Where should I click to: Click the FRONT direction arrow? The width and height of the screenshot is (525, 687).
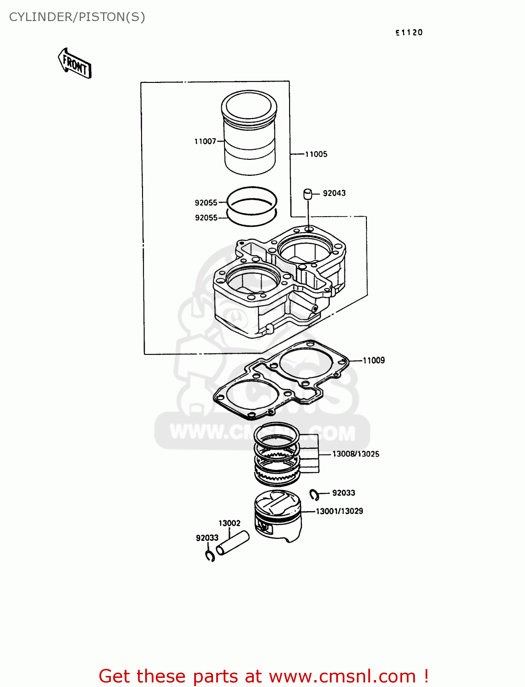(75, 64)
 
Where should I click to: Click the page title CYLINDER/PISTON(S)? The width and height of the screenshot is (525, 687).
(77, 17)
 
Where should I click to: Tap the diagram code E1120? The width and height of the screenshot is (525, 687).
(409, 33)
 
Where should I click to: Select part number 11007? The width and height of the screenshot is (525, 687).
(205, 142)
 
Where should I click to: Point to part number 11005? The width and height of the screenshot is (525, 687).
(316, 154)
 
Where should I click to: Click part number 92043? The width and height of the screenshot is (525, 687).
(334, 193)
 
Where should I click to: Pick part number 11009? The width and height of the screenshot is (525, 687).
(374, 360)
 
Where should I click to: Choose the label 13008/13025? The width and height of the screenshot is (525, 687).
(355, 454)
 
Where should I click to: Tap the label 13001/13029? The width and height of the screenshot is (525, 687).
(339, 511)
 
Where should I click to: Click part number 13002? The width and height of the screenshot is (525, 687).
(229, 523)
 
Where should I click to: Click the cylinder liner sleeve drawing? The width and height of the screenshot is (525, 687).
(249, 133)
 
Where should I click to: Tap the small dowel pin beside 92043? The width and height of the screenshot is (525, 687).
(307, 194)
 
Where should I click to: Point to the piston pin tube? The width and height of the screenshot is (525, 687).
(232, 543)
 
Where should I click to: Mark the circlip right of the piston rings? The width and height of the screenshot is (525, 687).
(314, 495)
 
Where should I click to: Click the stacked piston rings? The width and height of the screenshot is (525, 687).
(277, 453)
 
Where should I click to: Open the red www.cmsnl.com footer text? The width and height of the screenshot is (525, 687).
(263, 676)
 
